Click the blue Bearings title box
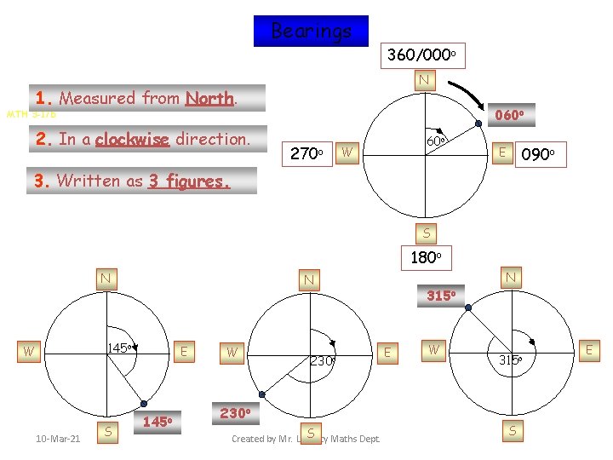click(x=311, y=32)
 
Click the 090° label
click(x=539, y=155)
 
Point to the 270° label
click(x=304, y=154)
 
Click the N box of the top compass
click(x=423, y=81)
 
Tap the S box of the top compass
click(x=427, y=232)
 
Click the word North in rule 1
click(x=209, y=98)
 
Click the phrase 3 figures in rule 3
click(x=189, y=181)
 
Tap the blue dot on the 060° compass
click(x=479, y=124)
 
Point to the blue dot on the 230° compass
click(x=262, y=394)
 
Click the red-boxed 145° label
click(x=159, y=421)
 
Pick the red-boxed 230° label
click(x=234, y=412)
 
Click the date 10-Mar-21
click(x=58, y=439)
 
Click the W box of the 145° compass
click(x=30, y=350)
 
